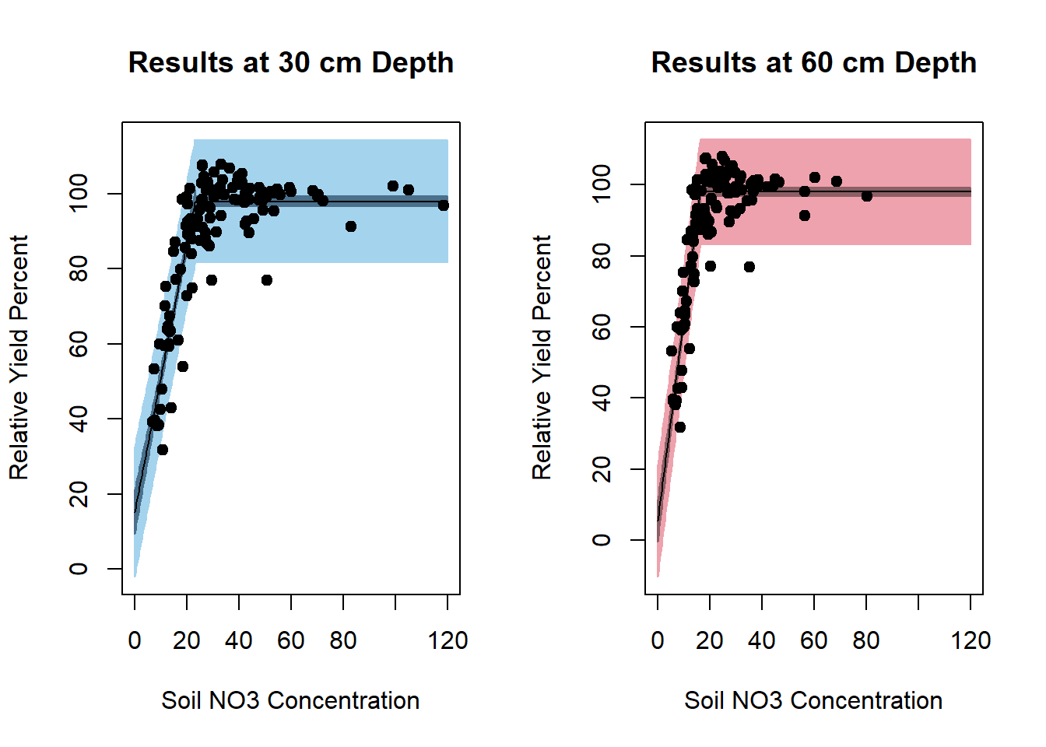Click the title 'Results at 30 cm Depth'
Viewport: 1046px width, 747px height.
[290, 63]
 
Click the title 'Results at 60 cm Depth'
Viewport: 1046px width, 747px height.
[813, 63]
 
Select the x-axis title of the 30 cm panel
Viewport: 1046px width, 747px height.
[290, 700]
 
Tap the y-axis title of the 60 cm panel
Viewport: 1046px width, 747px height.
[542, 358]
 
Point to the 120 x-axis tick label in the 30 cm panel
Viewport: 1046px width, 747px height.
[448, 640]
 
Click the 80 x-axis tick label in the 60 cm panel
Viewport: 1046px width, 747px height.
[866, 640]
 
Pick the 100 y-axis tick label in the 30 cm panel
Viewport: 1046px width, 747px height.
[79, 193]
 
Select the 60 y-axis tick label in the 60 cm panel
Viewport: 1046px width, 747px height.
[602, 327]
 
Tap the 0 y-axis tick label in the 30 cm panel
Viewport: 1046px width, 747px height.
[79, 569]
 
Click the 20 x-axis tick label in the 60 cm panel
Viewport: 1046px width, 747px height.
[710, 640]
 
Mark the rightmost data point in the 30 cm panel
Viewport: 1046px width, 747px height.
[443, 205]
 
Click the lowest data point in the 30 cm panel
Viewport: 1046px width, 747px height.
[163, 450]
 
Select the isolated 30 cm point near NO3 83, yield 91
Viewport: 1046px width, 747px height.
[351, 226]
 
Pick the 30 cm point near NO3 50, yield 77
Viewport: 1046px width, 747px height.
[267, 280]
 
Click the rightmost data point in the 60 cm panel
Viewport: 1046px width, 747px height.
[867, 196]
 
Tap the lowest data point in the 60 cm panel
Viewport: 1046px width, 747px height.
[680, 427]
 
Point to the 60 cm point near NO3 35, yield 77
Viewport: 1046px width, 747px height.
[749, 267]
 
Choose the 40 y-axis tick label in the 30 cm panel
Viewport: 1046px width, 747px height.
[79, 419]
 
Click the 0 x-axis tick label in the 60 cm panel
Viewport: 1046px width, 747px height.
[658, 640]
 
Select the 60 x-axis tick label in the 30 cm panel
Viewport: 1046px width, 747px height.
[291, 640]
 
